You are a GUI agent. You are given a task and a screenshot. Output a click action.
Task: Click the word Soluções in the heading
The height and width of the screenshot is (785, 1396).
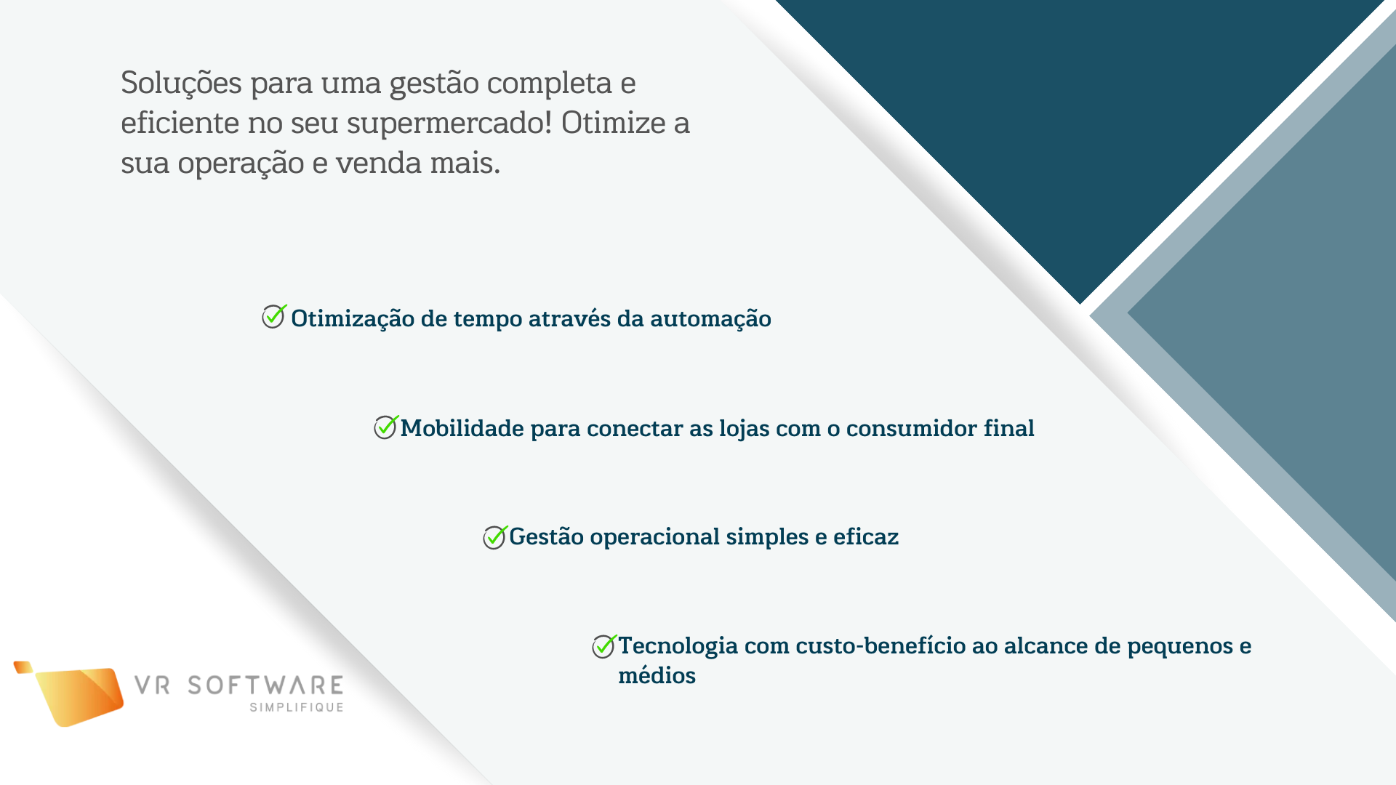(181, 84)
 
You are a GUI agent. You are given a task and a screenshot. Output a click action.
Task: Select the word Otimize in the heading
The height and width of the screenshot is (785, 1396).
(613, 122)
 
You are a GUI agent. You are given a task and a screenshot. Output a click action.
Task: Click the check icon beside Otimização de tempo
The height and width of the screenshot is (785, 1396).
(274, 316)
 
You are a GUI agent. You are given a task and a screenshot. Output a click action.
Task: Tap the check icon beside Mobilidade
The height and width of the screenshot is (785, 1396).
(386, 427)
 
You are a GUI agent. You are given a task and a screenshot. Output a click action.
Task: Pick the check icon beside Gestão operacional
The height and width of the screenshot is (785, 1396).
(495, 537)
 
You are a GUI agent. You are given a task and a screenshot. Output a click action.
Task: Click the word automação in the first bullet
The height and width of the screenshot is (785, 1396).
(710, 320)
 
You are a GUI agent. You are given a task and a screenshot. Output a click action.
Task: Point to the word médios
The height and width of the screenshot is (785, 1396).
(657, 675)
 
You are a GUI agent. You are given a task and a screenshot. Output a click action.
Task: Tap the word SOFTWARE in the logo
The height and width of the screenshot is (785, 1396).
(265, 685)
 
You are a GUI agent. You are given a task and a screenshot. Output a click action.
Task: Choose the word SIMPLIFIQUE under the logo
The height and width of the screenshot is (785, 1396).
(297, 707)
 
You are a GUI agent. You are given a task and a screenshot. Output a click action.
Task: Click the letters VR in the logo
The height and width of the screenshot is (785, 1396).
(152, 685)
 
